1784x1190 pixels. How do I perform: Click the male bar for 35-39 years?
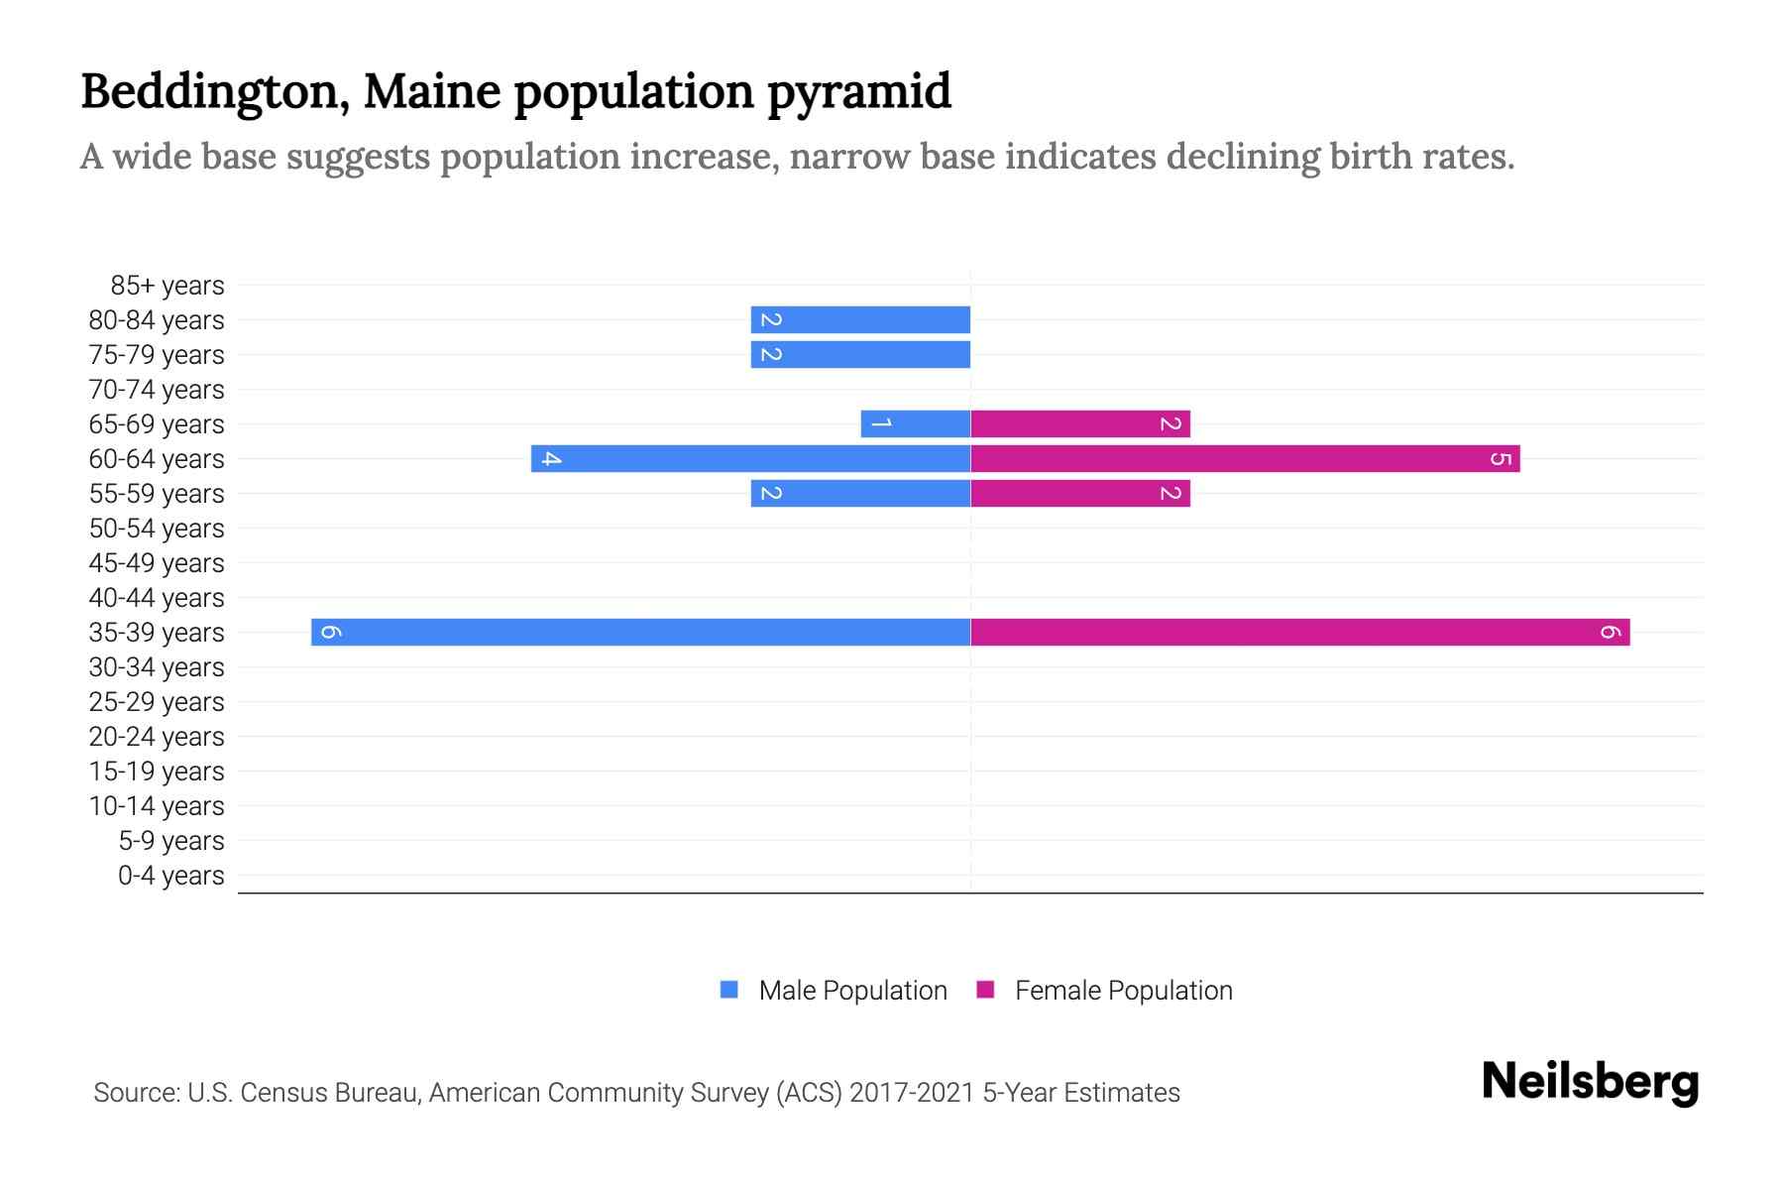pos(640,632)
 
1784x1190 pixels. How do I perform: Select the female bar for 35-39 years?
pos(1299,632)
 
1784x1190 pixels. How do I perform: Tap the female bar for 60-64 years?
pos(1245,458)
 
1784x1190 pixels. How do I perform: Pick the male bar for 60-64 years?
pos(750,458)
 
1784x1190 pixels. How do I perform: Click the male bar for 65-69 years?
pos(915,423)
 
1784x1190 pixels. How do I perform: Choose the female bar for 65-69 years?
pos(1079,423)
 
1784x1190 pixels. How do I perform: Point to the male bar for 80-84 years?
pos(860,319)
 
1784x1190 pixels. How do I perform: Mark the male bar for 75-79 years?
pos(860,354)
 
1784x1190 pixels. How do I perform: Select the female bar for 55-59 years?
pos(1079,493)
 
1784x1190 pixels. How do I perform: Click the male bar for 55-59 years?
pos(860,493)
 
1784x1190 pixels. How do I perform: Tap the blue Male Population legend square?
pos(729,990)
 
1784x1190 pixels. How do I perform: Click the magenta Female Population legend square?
pos(985,990)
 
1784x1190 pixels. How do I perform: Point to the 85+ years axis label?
pos(167,286)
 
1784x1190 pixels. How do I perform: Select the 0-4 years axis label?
pos(171,876)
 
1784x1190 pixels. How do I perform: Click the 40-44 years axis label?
pos(157,598)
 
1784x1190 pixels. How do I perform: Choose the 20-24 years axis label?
pos(157,737)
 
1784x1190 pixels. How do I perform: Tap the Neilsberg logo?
pos(1590,1082)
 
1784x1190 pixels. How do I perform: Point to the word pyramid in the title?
pos(858,92)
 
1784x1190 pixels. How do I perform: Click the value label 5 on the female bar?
pos(1501,458)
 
